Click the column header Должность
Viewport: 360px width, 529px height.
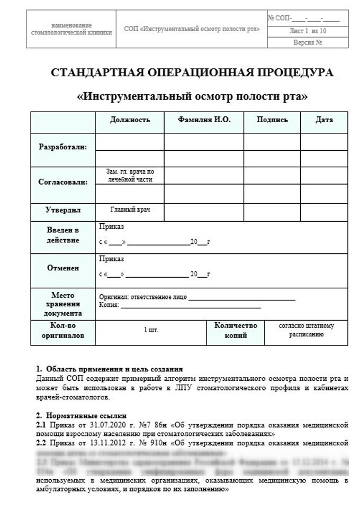pos(130,120)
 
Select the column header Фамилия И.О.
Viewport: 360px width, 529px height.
pos(204,120)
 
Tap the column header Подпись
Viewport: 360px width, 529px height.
pos(272,120)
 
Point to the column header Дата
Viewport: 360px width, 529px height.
pos(324,120)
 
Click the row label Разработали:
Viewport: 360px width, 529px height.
pos(63,147)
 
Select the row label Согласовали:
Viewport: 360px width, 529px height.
pos(63,182)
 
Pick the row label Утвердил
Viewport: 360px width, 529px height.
pos(63,210)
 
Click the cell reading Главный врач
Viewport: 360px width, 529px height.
pos(130,209)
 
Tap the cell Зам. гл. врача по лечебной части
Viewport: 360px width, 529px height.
pos(130,176)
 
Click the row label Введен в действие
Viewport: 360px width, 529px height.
pos(63,235)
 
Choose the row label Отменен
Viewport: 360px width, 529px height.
pos(63,268)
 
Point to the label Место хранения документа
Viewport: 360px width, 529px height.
pos(63,304)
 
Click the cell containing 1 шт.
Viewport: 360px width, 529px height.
pos(150,330)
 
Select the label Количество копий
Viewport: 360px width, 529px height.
pos(236,330)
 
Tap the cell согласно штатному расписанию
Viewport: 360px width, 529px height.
pos(306,330)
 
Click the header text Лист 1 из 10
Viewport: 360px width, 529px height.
pos(308,31)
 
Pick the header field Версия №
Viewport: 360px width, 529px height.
pos(308,42)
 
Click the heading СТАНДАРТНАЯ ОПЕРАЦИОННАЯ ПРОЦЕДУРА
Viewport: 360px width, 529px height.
pos(192,73)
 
